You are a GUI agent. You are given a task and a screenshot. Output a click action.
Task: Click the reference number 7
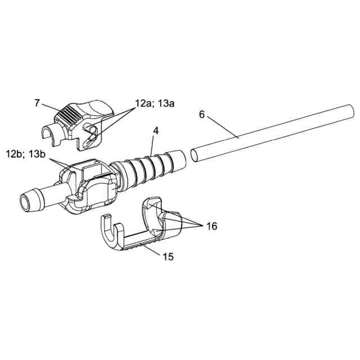pyautogui.click(x=37, y=103)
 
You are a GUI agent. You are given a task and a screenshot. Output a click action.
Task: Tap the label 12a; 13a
pyautogui.click(x=155, y=104)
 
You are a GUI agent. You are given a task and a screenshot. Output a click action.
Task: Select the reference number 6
pyautogui.click(x=202, y=114)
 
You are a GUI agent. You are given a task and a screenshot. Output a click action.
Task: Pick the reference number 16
pyautogui.click(x=211, y=226)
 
